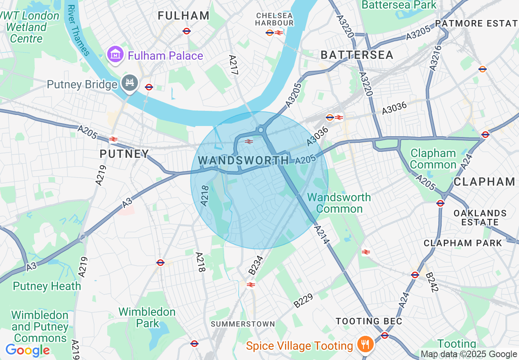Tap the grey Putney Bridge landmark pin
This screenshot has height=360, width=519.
tap(130, 83)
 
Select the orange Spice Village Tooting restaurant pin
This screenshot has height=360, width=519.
tap(363, 344)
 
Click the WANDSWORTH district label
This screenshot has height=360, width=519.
tap(243, 160)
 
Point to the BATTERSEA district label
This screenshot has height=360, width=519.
tap(357, 55)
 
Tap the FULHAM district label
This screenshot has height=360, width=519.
tap(184, 16)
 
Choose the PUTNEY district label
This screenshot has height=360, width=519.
tap(124, 154)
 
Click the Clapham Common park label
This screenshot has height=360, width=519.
tap(433, 159)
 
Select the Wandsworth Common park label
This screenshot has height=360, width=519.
tap(339, 203)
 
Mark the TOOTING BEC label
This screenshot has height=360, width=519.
tap(369, 321)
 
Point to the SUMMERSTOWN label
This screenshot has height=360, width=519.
tap(243, 324)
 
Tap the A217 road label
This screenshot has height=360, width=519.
tap(233, 65)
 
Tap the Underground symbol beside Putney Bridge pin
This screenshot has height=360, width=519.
tap(149, 87)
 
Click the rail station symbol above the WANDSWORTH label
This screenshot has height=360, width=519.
tap(248, 142)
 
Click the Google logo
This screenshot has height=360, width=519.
tap(27, 350)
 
